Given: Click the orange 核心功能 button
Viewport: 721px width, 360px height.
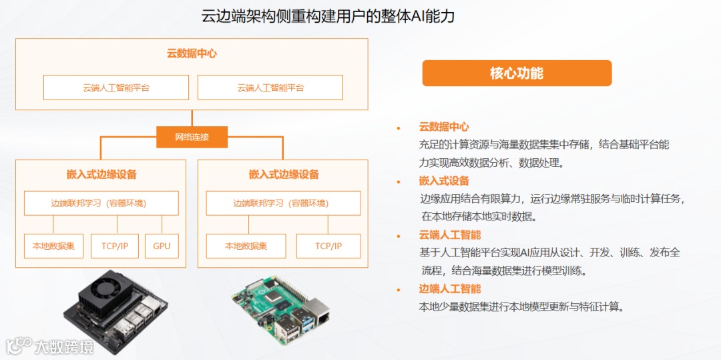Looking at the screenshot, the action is [x=517, y=73].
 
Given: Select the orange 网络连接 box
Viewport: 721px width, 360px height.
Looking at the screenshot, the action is [x=192, y=137].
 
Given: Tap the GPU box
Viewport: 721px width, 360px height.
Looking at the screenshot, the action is [x=162, y=246].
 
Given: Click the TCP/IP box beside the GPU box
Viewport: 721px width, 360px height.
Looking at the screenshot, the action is [x=115, y=246].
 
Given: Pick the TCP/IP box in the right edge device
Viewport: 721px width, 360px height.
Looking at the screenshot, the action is [x=328, y=246].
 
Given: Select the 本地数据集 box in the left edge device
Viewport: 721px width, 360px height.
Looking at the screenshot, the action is [x=53, y=246].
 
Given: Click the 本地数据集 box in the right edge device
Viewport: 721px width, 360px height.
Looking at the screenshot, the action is [x=246, y=246].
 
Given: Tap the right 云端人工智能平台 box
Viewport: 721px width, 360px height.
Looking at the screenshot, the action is [x=270, y=87].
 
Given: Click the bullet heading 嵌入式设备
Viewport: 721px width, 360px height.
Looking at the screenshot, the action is [x=444, y=181].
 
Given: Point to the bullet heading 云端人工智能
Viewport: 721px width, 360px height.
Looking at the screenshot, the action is [x=449, y=235].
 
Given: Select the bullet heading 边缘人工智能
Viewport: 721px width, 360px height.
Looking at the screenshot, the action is [x=449, y=289].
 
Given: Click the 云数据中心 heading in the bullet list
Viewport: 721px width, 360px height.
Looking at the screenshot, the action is [x=444, y=127].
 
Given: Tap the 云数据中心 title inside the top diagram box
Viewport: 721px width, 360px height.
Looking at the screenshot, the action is [x=192, y=53].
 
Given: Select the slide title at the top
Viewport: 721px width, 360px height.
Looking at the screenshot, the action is [x=328, y=16].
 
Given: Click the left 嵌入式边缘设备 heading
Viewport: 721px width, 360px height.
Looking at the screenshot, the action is [x=101, y=174].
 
